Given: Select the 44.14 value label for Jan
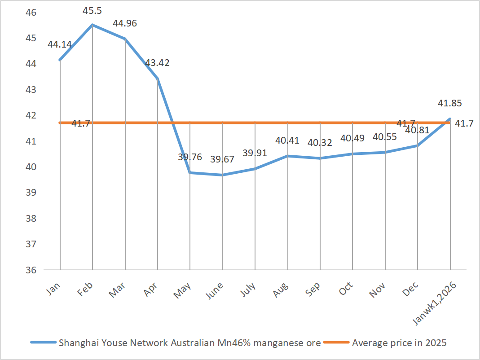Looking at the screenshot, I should pyautogui.click(x=60, y=44).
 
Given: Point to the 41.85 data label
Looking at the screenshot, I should pyautogui.click(x=450, y=103).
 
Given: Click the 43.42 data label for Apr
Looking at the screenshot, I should pyautogui.click(x=158, y=63).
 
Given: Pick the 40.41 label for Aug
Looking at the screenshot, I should pyautogui.click(x=287, y=140).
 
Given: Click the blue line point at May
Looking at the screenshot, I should pyautogui.click(x=190, y=172).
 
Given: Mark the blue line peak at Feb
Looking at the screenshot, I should pyautogui.click(x=92, y=25).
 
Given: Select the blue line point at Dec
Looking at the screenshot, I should pyautogui.click(x=418, y=145).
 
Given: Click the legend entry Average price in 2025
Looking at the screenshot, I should pyautogui.click(x=399, y=343).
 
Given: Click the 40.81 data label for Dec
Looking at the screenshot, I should pyautogui.click(x=417, y=130).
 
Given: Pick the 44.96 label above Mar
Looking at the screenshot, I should pyautogui.click(x=125, y=23).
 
